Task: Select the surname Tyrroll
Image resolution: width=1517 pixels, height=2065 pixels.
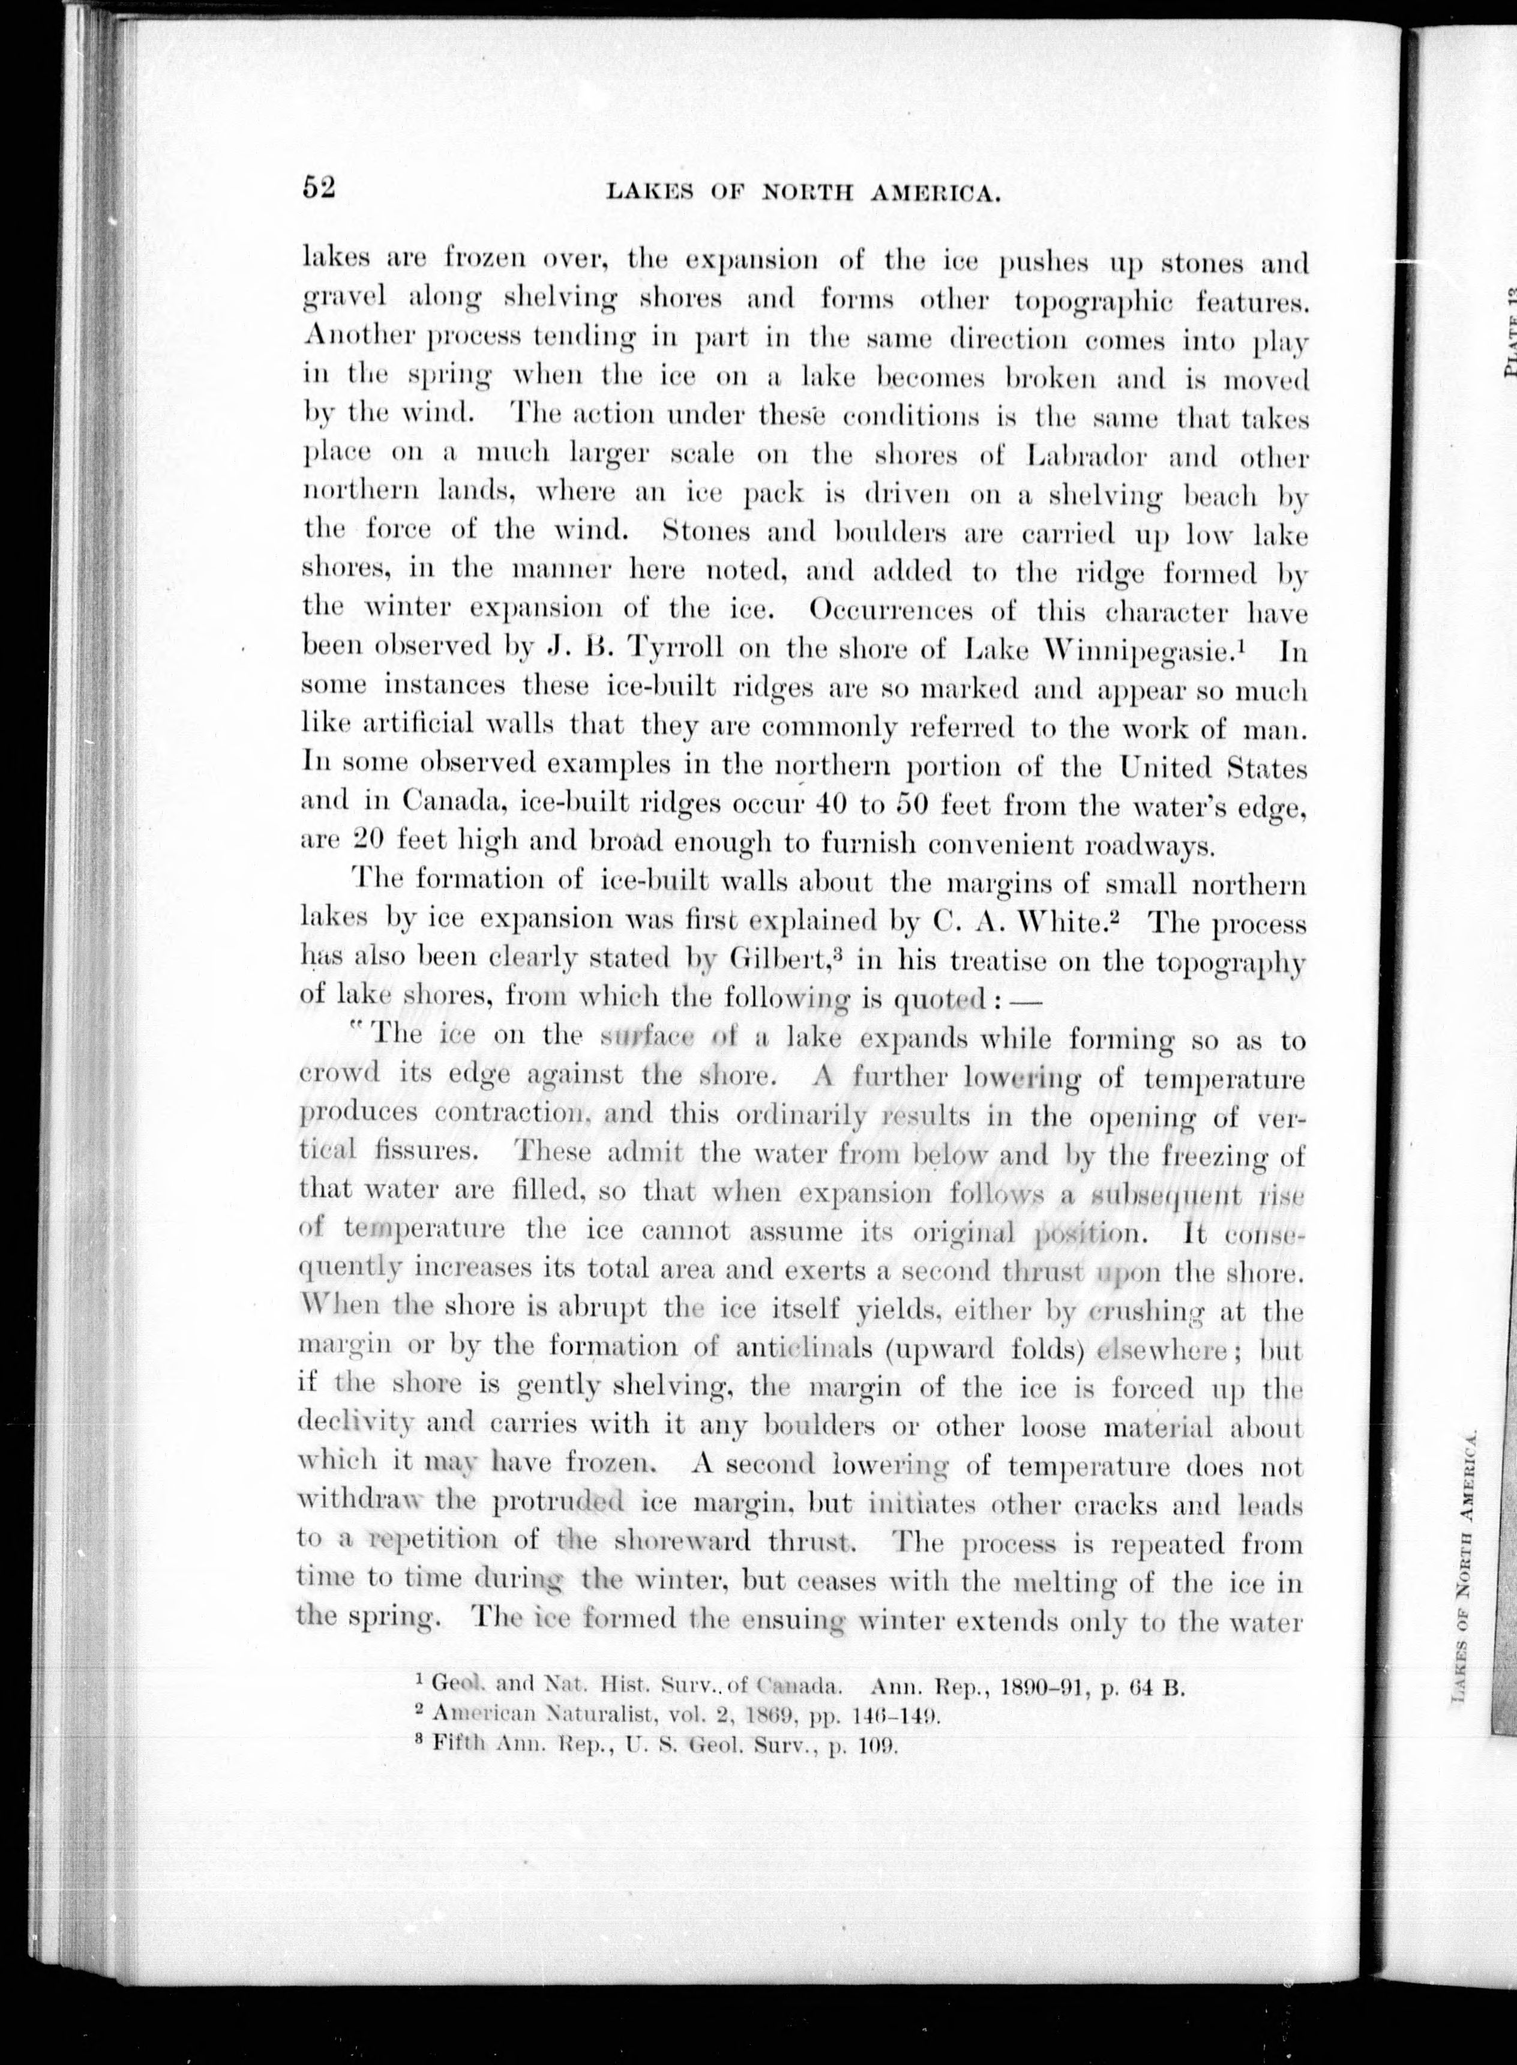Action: tap(670, 648)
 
